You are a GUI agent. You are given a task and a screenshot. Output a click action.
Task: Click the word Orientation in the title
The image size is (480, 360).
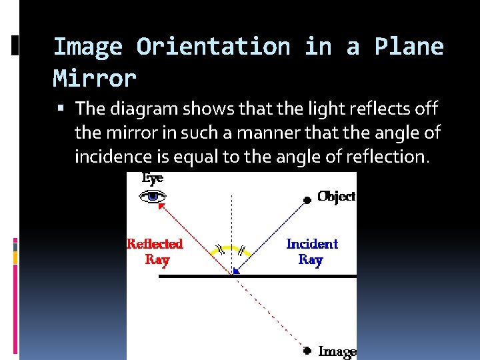point(213,47)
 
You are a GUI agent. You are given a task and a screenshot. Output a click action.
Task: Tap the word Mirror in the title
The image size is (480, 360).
point(95,79)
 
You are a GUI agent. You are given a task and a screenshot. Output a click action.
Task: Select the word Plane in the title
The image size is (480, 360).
point(409,47)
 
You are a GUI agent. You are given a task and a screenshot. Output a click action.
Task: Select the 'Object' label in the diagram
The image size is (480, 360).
point(337,196)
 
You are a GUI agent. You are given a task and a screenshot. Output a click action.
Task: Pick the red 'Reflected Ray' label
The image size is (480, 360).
point(155,251)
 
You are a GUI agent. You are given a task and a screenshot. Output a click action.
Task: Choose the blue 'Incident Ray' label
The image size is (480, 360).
point(311,251)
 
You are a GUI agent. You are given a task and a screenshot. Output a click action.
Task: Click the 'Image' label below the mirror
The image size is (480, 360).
point(337,351)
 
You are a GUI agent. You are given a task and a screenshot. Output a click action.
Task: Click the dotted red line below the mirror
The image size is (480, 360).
point(270,312)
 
